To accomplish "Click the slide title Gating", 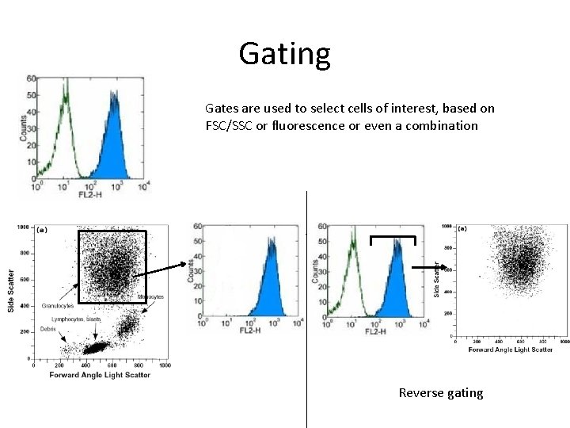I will (x=284, y=54).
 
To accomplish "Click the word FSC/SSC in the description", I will (x=233, y=125).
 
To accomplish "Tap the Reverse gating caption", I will (x=440, y=393).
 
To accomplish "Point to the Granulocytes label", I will (x=58, y=305).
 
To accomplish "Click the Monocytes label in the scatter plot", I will (x=150, y=297).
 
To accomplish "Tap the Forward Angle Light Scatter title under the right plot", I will (x=511, y=350).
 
